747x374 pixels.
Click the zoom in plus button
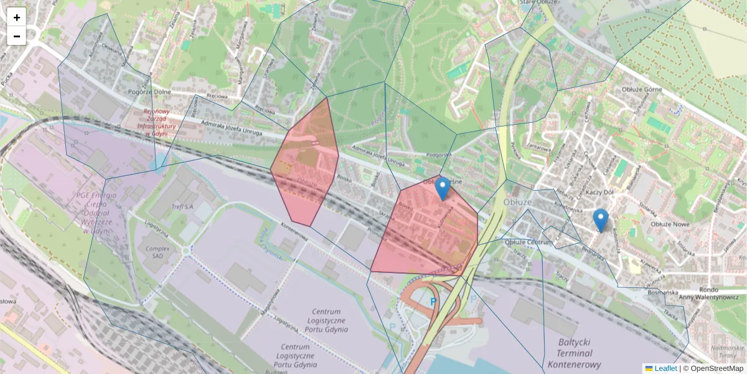coord(17,17)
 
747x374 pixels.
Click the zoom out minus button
coord(17,36)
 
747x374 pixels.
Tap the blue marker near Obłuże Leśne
coord(443,189)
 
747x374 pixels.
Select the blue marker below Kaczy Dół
coord(600,220)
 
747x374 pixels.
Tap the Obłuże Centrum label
coord(528,242)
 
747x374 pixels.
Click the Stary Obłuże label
coord(539,2)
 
